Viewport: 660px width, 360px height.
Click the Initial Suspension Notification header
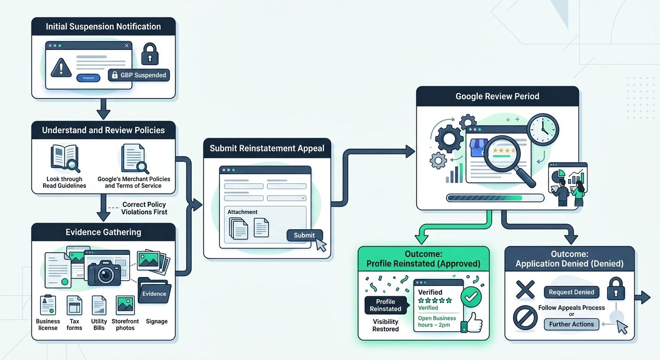103,27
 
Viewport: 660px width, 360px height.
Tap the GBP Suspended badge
139,75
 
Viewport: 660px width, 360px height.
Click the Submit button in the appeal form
304,235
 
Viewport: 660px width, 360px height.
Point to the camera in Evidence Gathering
104,273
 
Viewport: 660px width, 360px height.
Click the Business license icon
48,305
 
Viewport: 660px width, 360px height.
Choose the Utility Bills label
99,324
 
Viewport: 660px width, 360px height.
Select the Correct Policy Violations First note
144,208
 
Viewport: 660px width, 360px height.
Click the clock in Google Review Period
543,129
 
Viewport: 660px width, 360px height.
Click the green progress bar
495,198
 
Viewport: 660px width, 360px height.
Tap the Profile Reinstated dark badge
385,305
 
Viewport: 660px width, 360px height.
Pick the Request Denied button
571,292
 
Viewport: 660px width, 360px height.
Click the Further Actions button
571,324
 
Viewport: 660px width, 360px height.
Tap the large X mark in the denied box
525,290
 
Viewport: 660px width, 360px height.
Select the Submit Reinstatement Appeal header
267,149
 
